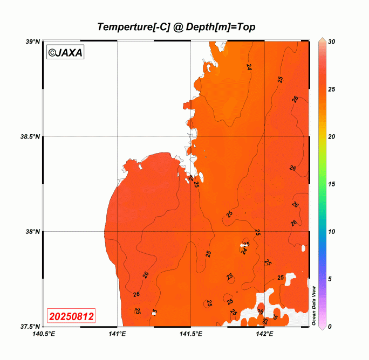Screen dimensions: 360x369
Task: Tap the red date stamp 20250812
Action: click(x=71, y=315)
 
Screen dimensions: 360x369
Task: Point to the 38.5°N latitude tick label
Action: click(x=30, y=137)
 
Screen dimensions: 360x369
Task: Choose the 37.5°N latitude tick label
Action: click(x=30, y=327)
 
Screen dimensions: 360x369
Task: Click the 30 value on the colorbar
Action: click(x=332, y=41)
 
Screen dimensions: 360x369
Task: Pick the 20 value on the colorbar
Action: click(x=332, y=136)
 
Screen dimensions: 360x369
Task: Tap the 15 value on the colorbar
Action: click(x=332, y=184)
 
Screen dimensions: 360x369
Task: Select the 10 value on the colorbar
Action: click(x=332, y=231)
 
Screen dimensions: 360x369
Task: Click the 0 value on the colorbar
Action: click(x=330, y=326)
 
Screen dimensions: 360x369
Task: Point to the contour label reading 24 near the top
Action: click(x=249, y=67)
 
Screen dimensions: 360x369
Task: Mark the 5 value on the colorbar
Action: click(x=330, y=279)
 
